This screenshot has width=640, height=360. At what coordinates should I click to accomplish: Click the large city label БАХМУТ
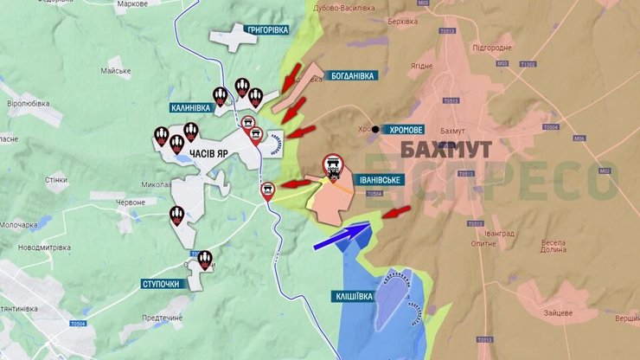click(x=447, y=149)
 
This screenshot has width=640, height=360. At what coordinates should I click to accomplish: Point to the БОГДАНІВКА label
click(x=353, y=76)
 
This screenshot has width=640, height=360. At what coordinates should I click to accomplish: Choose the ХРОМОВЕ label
click(x=405, y=130)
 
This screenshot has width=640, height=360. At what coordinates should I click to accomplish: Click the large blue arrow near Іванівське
click(x=341, y=235)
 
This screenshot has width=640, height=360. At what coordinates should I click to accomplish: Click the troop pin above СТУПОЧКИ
click(x=205, y=259)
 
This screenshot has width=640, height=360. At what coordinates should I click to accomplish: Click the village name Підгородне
click(x=493, y=48)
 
